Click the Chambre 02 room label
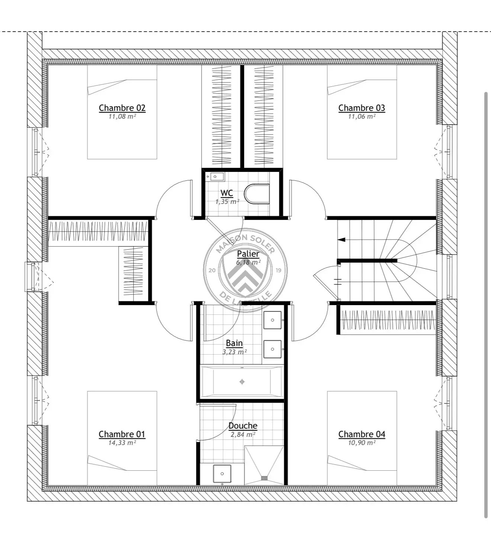click(122, 108)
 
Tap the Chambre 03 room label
click(362, 108)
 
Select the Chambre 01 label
click(122, 434)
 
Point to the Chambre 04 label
click(362, 434)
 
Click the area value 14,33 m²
click(122, 443)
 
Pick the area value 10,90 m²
click(362, 443)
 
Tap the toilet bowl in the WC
click(257, 194)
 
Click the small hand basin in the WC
click(215, 177)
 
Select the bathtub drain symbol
click(242, 382)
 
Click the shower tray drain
click(264, 478)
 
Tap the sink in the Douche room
click(222, 474)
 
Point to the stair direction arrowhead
click(341, 240)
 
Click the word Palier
click(248, 254)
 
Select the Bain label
click(234, 343)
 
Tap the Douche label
click(243, 426)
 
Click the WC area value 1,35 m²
click(227, 202)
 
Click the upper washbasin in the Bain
click(272, 320)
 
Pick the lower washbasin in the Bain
click(272, 349)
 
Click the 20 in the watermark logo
click(212, 270)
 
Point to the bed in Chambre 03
click(362, 112)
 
